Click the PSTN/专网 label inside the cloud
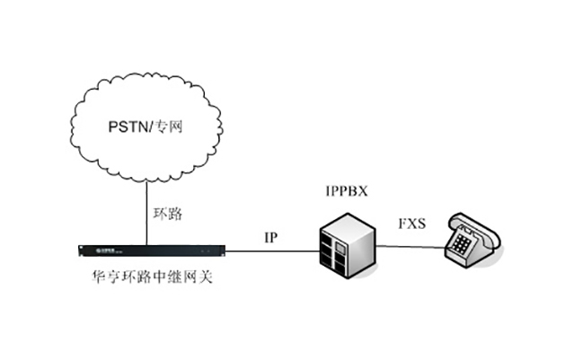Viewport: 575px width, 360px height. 144,127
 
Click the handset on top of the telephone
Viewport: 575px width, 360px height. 473,221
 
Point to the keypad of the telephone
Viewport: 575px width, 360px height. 464,241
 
